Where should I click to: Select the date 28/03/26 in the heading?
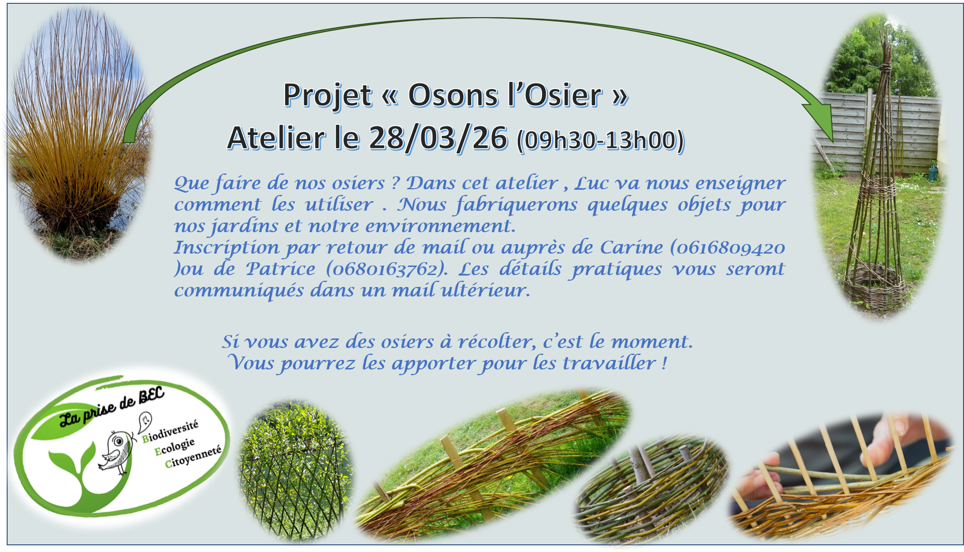tap(438, 138)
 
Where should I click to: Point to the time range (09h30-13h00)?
tap(601, 140)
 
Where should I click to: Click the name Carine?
tap(631, 247)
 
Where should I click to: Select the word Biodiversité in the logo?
tap(170, 431)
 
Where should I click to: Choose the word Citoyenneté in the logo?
tap(193, 457)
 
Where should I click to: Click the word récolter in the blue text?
tap(493, 341)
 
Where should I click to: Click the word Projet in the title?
tap(327, 96)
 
